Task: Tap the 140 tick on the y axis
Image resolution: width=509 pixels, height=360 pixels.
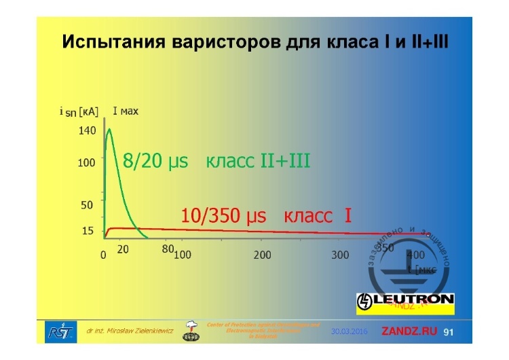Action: point(87,130)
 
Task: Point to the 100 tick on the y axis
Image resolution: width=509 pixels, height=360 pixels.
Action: point(87,163)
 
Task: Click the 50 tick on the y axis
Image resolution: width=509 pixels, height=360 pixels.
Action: point(87,204)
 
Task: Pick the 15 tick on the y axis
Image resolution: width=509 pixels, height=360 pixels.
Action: point(88,231)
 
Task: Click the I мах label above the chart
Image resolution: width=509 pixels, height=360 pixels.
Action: point(125,111)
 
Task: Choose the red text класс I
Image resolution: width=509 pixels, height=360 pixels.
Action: point(317,216)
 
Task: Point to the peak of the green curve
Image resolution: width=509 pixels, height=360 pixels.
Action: point(109,129)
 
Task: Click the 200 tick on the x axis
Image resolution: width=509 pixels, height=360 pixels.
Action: point(262,255)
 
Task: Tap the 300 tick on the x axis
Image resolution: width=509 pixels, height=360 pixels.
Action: point(341,255)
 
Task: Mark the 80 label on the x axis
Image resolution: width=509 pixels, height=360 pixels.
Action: point(168,249)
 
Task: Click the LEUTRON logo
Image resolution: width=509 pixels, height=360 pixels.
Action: point(406,300)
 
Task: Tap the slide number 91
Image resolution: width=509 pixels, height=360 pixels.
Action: point(448,332)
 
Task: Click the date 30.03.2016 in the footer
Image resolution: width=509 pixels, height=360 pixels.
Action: point(349,331)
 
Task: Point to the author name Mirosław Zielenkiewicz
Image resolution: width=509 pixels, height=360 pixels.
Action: point(140,331)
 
